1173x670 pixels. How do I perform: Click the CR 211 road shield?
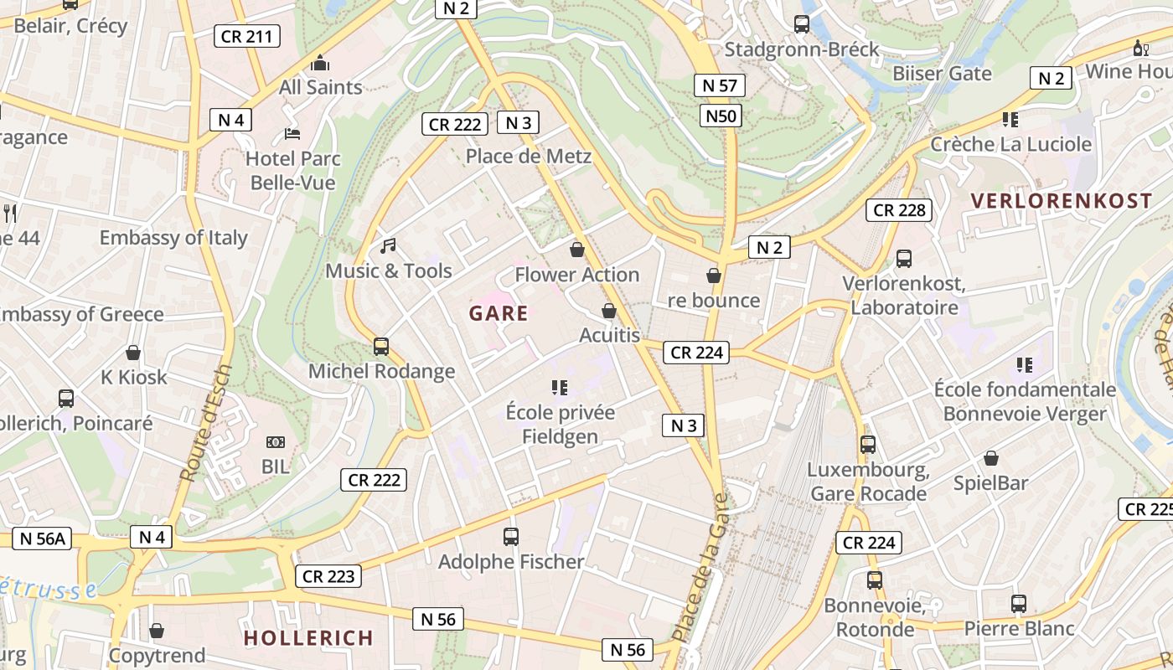[x=246, y=36]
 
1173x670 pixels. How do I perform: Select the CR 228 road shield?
[x=900, y=210]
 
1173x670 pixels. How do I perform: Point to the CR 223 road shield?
[x=328, y=576]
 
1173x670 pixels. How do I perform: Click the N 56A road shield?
[x=41, y=539]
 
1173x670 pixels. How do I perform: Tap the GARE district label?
[x=499, y=314]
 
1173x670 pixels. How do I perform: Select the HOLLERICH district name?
[x=308, y=638]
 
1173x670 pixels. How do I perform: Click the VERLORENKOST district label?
[x=1062, y=201]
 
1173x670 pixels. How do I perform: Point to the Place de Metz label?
[x=529, y=157]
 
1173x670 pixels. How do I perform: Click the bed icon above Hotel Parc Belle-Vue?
[x=292, y=134]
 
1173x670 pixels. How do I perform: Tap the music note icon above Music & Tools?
[x=387, y=246]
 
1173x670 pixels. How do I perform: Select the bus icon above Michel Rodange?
[x=381, y=346]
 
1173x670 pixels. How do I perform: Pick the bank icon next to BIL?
[x=276, y=441]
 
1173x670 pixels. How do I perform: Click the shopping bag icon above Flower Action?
[x=576, y=250]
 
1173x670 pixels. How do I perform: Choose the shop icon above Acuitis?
[x=609, y=311]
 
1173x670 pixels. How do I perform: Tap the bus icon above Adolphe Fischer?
[x=510, y=537]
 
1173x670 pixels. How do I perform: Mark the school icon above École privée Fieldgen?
[x=560, y=387]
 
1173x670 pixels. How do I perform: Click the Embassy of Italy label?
[x=173, y=238]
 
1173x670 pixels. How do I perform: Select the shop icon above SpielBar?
[x=991, y=458]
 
